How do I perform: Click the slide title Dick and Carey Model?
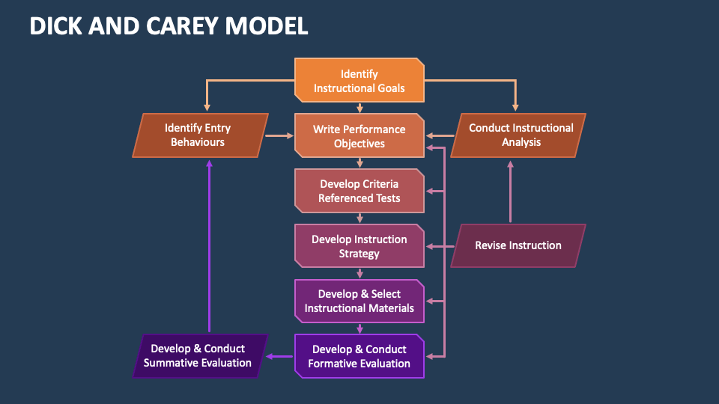(x=169, y=26)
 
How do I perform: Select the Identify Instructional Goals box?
(x=359, y=81)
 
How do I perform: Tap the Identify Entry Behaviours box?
(x=200, y=135)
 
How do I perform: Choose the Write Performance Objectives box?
(x=359, y=135)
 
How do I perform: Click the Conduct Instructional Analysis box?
(x=518, y=135)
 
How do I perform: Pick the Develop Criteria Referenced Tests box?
(x=359, y=191)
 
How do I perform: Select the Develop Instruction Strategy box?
(x=359, y=246)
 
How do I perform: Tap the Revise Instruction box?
(x=518, y=245)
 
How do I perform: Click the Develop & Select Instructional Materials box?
(x=359, y=301)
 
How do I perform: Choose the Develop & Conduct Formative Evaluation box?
(x=359, y=356)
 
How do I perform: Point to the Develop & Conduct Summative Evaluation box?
(x=200, y=356)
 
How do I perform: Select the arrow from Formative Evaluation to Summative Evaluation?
(x=281, y=356)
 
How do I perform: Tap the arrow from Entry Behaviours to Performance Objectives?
(x=279, y=135)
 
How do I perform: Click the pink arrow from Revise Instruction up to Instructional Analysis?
(x=511, y=191)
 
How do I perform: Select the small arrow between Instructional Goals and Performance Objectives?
(x=359, y=108)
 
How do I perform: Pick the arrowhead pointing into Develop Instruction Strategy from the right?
(x=430, y=246)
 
